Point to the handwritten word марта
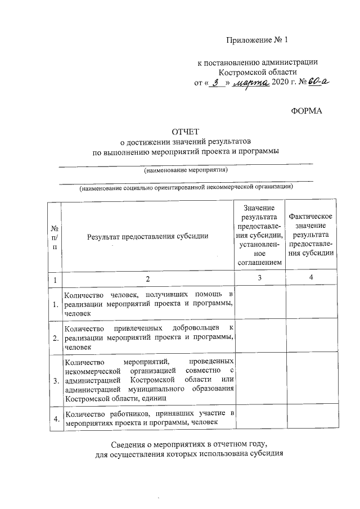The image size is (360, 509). pyautogui.click(x=250, y=83)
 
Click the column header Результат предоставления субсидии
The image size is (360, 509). pyautogui.click(x=147, y=236)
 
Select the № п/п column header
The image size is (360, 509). pyautogui.click(x=55, y=236)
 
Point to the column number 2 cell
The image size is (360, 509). pyautogui.click(x=147, y=279)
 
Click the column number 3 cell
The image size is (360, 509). pyautogui.click(x=259, y=278)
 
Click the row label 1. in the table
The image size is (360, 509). pyautogui.click(x=55, y=304)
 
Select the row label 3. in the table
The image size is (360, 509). pyautogui.click(x=55, y=381)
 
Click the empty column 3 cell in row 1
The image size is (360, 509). pyautogui.click(x=259, y=304)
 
